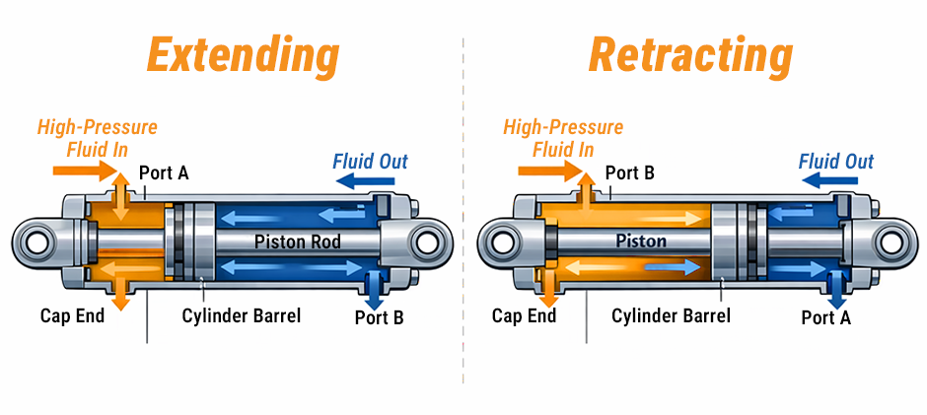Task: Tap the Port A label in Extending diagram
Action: pyautogui.click(x=164, y=173)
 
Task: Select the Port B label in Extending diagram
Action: pyautogui.click(x=380, y=316)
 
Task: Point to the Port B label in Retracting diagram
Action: pyautogui.click(x=630, y=173)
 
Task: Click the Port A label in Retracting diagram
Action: pyautogui.click(x=825, y=316)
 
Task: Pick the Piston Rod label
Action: pyautogui.click(x=297, y=241)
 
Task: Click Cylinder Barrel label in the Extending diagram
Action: pyautogui.click(x=242, y=315)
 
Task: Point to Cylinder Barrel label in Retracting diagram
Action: pyautogui.click(x=671, y=315)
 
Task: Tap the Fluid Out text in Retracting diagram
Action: pyautogui.click(x=836, y=162)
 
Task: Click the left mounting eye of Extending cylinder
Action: pyautogui.click(x=37, y=242)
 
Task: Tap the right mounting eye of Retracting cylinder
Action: pyautogui.click(x=892, y=242)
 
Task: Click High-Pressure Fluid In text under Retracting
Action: pyautogui.click(x=563, y=138)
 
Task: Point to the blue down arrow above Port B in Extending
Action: pyautogui.click(x=375, y=287)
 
